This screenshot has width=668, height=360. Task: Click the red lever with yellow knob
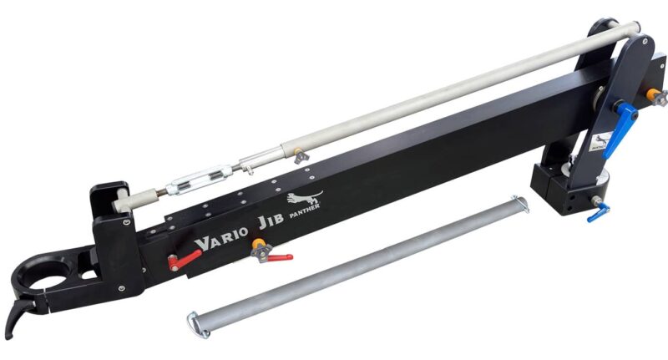272,256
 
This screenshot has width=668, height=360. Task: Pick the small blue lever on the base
597,214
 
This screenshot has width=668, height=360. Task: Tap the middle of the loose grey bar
359,263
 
